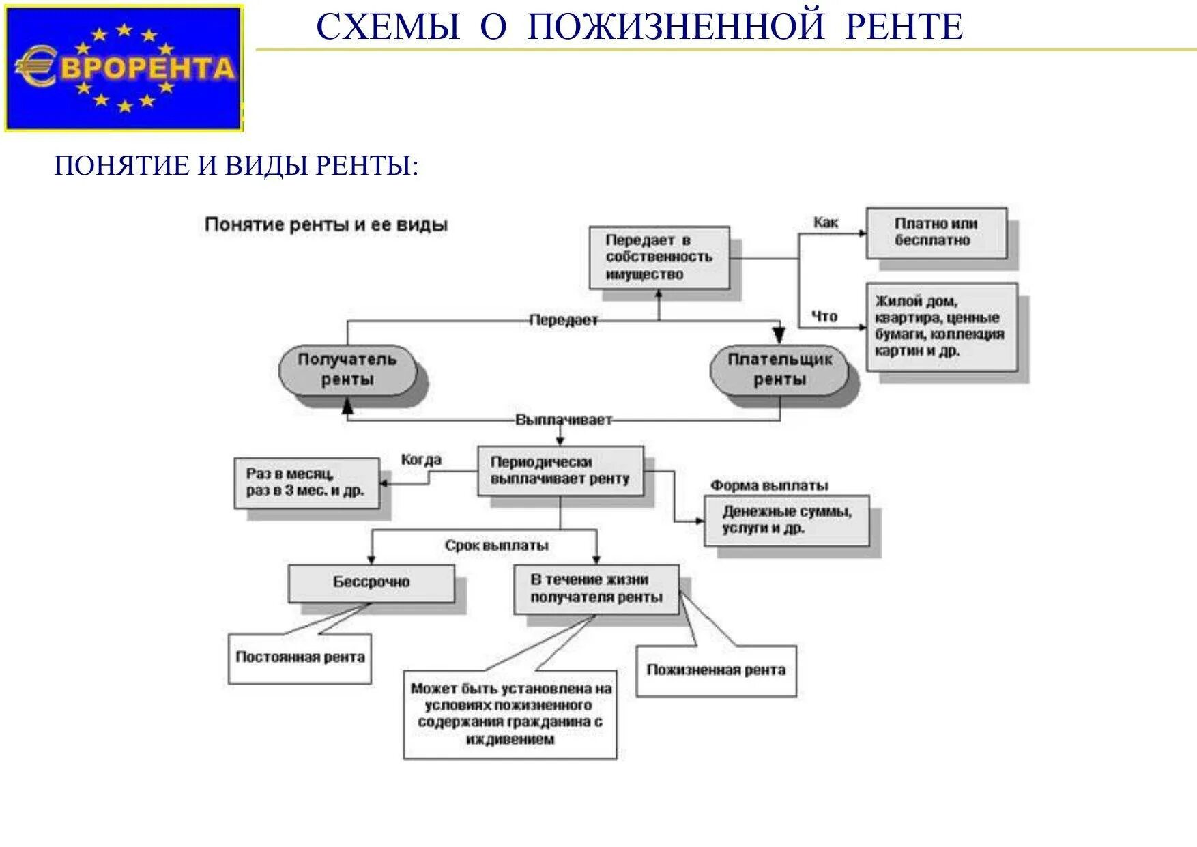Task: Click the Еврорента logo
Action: tap(124, 68)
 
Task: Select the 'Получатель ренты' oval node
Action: tap(347, 370)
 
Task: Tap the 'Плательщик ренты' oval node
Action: tap(779, 370)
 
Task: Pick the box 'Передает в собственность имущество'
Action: tap(659, 257)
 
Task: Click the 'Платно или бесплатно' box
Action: tap(936, 233)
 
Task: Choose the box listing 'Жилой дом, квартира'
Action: tap(941, 327)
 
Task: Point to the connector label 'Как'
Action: tap(826, 222)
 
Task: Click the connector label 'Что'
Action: tap(824, 316)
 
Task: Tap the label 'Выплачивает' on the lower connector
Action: tap(564, 420)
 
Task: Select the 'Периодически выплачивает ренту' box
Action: tap(560, 471)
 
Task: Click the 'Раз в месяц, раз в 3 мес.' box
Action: tap(306, 483)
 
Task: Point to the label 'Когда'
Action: tap(421, 460)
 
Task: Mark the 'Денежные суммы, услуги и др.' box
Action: tap(787, 520)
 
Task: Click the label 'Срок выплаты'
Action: tap(497, 546)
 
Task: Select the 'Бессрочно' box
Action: tap(371, 583)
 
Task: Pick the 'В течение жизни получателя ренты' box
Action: tap(596, 589)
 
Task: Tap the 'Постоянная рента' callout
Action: tap(300, 658)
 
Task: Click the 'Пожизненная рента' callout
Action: tap(716, 671)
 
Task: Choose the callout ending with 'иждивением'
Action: tap(510, 714)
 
